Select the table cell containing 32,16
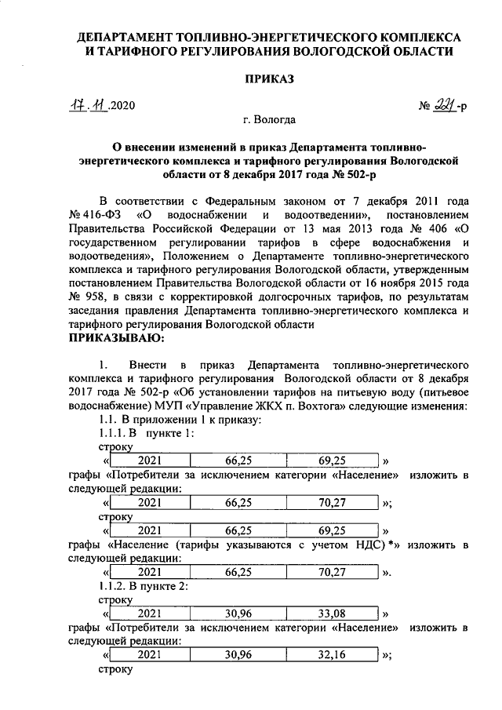pos(333,654)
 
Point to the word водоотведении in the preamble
pos(320,213)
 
